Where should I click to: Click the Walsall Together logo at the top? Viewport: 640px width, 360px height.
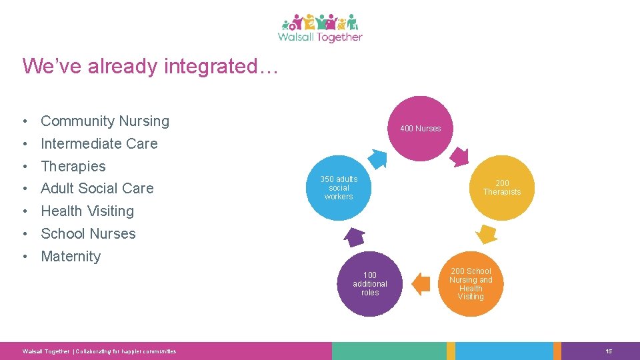320,28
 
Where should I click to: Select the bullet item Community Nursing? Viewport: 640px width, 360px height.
105,121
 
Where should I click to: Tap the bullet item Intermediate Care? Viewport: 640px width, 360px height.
99,143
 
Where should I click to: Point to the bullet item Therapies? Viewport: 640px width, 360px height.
73,166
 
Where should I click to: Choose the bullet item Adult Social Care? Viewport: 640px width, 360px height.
97,188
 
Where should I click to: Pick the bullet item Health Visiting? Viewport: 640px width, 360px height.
87,211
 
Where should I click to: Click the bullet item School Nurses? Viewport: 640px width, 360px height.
88,233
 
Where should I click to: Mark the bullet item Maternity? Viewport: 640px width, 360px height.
71,256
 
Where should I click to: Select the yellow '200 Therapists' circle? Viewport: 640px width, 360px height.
502,187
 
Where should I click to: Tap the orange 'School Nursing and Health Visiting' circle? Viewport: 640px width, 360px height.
471,283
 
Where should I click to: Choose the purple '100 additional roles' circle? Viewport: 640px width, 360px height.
370,283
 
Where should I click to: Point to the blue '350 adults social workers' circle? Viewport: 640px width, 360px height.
339,187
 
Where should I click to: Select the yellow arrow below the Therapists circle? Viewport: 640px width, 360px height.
486,234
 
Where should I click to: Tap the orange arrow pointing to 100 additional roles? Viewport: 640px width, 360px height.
421,283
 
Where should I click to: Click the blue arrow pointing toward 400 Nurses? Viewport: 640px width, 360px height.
377,158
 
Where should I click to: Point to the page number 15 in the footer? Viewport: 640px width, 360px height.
609,351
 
